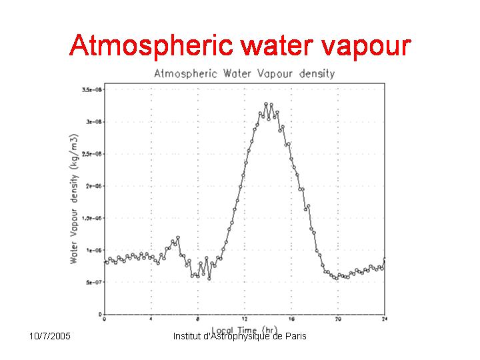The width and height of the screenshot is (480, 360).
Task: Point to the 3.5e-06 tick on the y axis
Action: click(x=91, y=89)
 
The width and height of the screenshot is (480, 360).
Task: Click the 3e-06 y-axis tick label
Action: click(x=93, y=121)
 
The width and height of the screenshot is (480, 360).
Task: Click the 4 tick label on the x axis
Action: click(x=151, y=319)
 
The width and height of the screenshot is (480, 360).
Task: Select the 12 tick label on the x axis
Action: click(x=245, y=319)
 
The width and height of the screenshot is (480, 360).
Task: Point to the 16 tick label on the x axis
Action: click(x=291, y=319)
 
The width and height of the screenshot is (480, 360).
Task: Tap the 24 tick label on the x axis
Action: click(x=384, y=319)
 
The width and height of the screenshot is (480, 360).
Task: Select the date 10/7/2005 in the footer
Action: click(x=51, y=336)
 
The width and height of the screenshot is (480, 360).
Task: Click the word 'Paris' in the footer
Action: click(x=295, y=336)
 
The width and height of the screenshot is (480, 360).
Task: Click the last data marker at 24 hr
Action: click(x=385, y=260)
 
